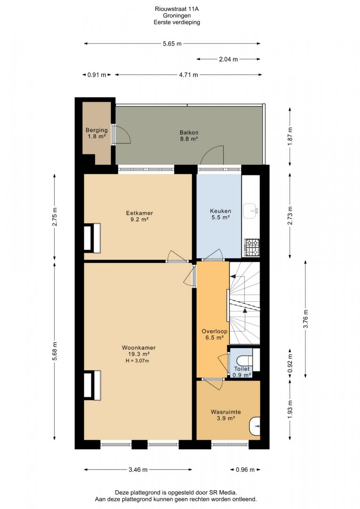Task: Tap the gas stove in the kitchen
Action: point(252,247)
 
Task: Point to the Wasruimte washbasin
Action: point(255,426)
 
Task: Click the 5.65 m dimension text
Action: point(172,43)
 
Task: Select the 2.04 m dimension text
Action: point(228,59)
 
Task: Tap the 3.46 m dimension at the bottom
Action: point(138,469)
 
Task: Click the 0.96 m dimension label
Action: point(245,469)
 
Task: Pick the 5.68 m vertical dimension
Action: point(55,351)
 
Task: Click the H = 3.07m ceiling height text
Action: point(137,361)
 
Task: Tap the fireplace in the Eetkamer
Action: point(92,238)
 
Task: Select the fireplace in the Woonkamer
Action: point(92,386)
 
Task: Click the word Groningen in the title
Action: point(177,16)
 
